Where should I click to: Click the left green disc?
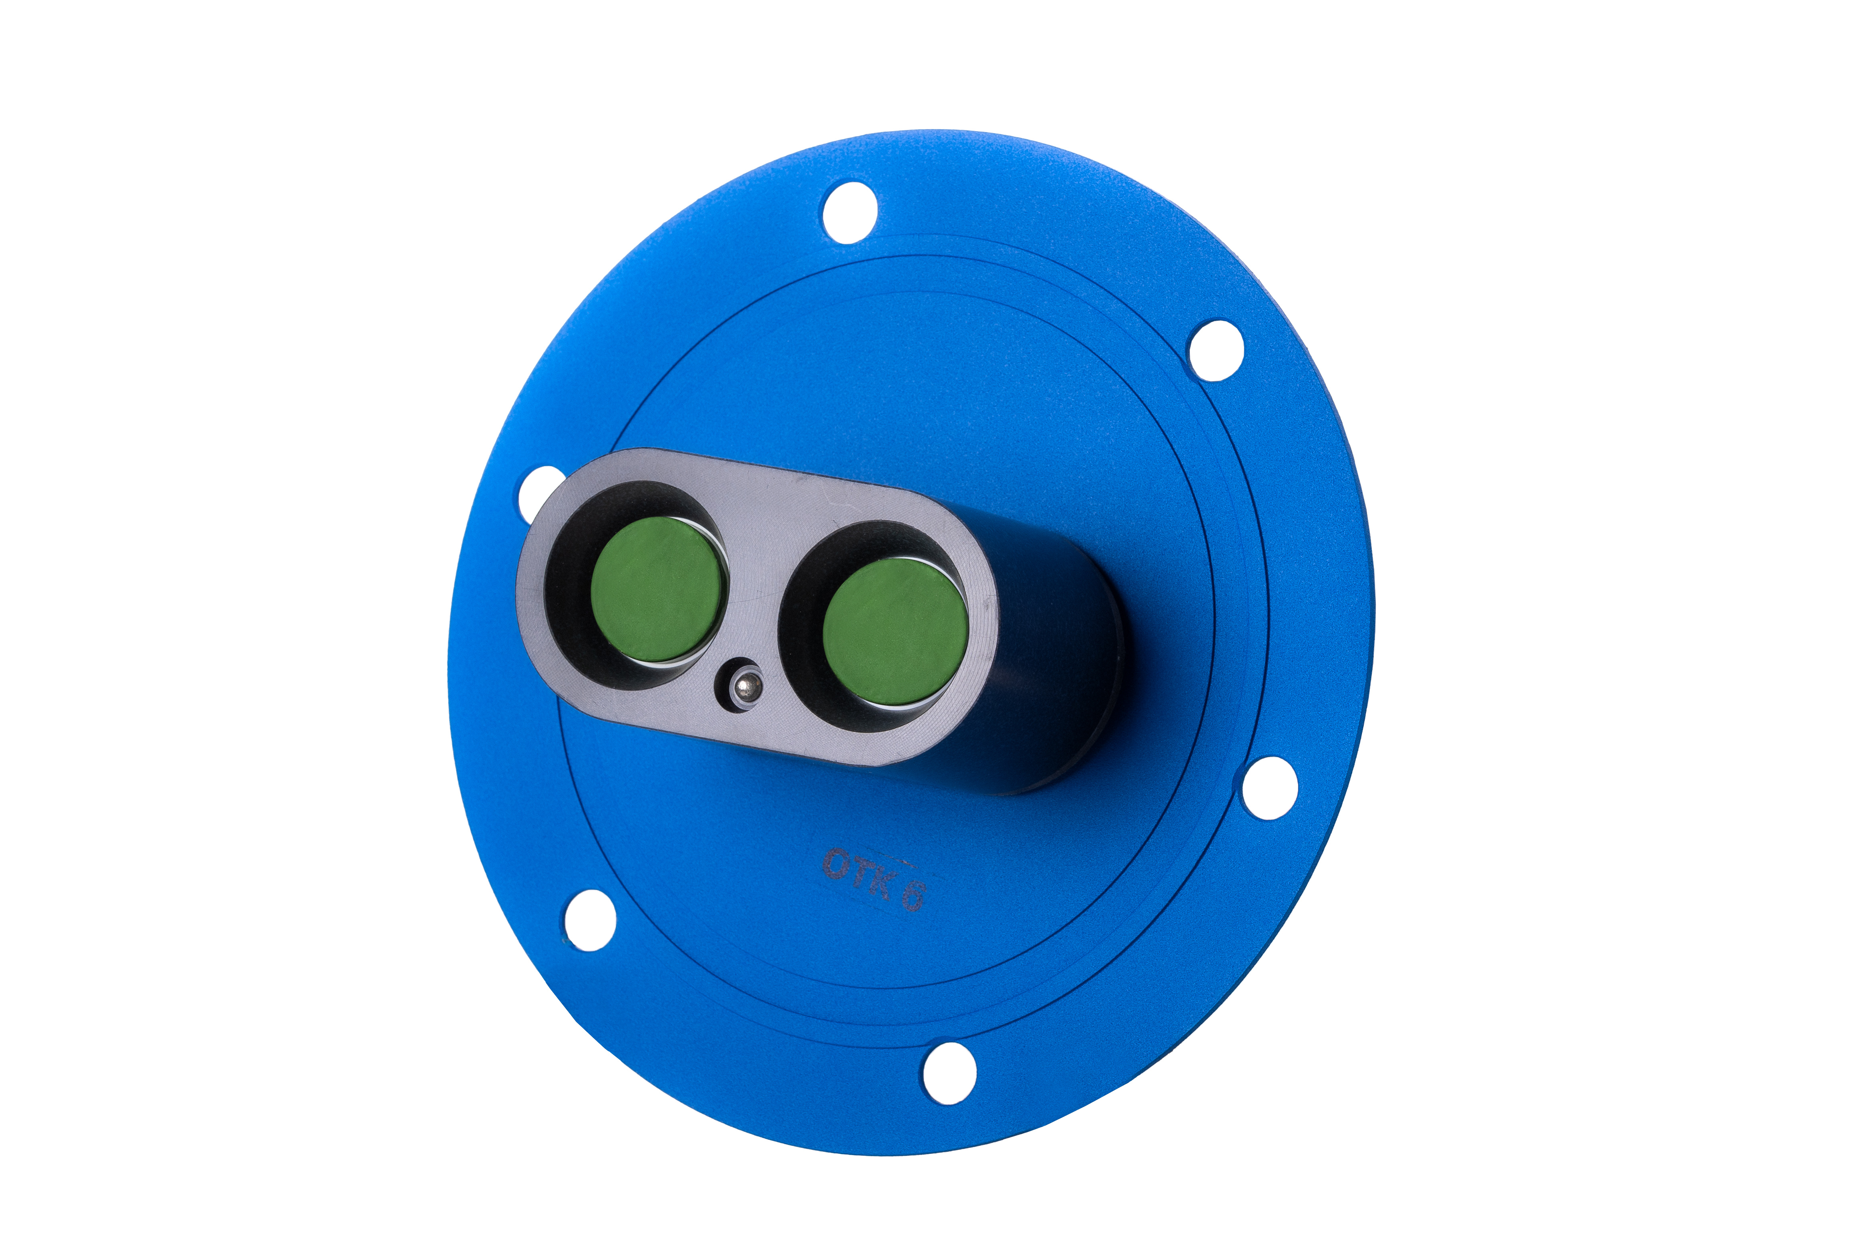pyautogui.click(x=659, y=590)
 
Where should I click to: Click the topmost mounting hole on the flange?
pyautogui.click(x=850, y=212)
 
